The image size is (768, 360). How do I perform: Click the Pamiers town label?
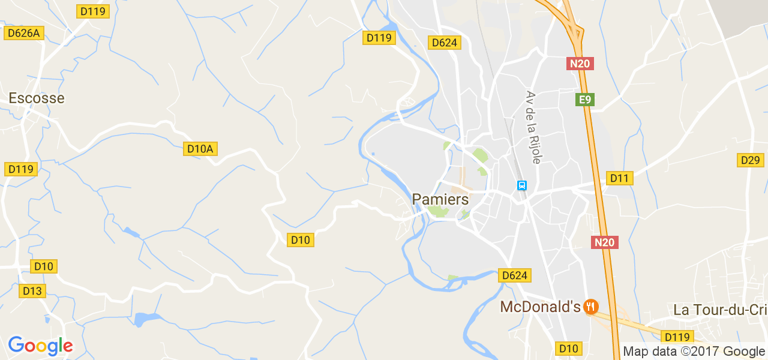440,200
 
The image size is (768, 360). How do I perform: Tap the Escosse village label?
36,98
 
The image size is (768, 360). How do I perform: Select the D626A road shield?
24,33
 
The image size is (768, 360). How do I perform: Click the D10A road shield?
200,149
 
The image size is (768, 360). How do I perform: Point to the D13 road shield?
32,291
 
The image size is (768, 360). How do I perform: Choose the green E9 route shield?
584,100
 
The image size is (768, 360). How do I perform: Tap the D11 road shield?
620,178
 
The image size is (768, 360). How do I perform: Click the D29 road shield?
750,160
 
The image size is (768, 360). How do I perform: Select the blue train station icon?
522,186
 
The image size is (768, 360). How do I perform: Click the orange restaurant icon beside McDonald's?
591,307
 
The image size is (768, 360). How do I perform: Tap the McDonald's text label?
540,307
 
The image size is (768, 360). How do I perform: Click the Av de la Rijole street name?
533,127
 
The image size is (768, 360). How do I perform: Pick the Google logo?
40,346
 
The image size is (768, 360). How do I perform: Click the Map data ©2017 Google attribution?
694,352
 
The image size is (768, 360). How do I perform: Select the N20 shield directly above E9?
580,63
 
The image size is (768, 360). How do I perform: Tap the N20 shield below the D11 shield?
604,242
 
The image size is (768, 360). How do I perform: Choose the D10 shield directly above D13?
44,266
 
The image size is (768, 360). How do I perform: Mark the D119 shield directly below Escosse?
22,169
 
